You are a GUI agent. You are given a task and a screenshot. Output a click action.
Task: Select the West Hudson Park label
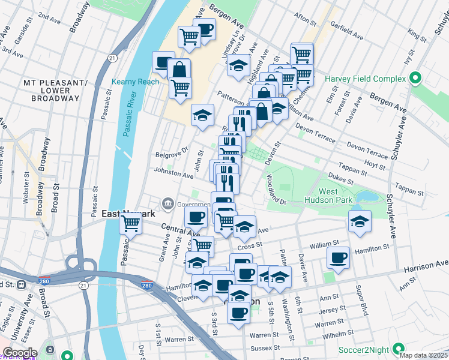click(336, 196)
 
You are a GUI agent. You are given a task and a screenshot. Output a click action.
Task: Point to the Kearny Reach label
click(135, 82)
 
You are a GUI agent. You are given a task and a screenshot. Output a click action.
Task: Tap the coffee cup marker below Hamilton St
click(338, 258)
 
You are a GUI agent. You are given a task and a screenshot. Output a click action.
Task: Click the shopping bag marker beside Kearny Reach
click(179, 69)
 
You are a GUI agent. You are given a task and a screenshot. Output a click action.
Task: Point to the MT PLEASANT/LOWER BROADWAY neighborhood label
click(55, 90)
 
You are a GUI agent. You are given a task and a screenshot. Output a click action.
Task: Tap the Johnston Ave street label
click(174, 174)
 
